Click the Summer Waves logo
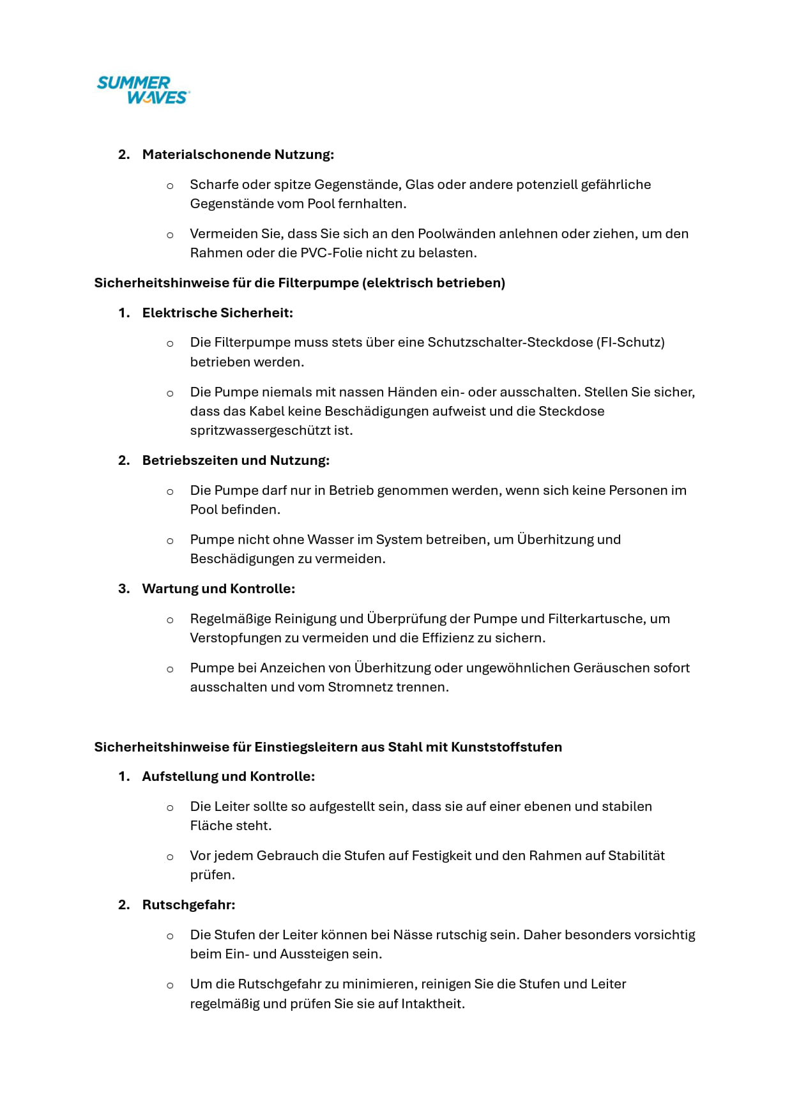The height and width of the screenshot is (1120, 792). [144, 90]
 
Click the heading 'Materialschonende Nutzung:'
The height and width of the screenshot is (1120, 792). [238, 155]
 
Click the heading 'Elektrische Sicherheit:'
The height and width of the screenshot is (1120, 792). [217, 313]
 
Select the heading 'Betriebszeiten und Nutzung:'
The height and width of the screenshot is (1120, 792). [236, 460]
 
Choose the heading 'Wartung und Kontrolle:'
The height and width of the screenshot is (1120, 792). [218, 589]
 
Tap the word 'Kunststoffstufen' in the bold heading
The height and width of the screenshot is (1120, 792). [506, 747]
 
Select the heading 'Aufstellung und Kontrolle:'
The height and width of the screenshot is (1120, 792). [228, 776]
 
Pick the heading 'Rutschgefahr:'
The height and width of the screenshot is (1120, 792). [188, 905]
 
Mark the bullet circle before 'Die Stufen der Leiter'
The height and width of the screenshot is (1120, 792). [170, 936]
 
